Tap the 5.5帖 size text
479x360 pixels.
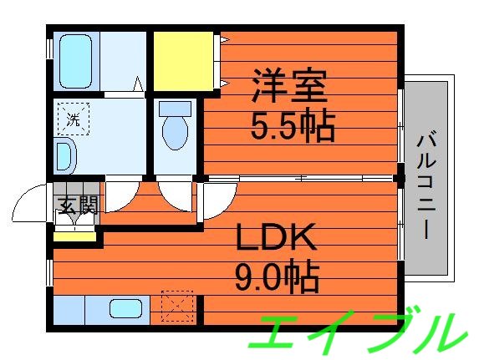[293, 126]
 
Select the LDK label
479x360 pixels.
[275, 238]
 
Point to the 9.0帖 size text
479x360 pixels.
[276, 276]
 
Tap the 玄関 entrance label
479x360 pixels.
[76, 205]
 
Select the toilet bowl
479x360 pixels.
[176, 133]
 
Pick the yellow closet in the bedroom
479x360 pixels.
[185, 62]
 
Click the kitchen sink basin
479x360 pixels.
[126, 308]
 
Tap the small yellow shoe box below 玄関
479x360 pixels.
[74, 234]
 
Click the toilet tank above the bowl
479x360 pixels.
[176, 108]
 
